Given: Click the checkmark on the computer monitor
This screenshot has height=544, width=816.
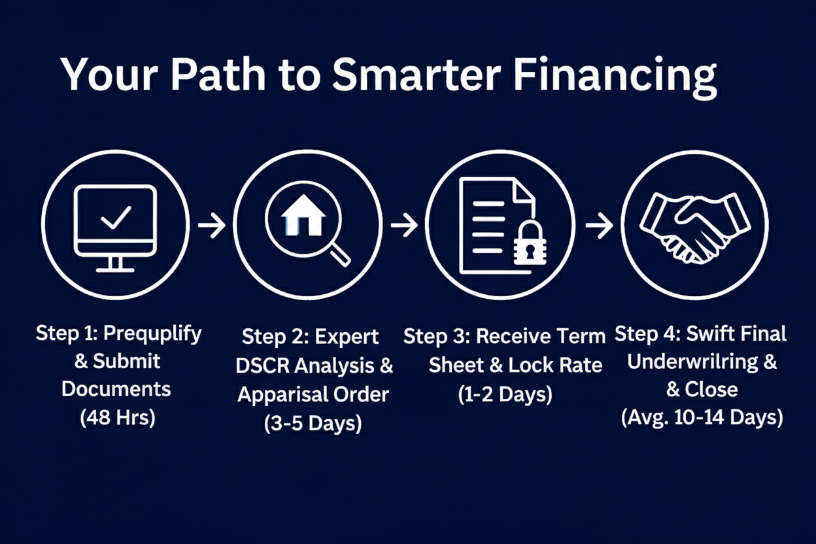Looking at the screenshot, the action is [116, 217].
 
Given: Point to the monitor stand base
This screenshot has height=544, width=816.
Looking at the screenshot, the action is [115, 270].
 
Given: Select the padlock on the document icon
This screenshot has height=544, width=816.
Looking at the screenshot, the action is [530, 243].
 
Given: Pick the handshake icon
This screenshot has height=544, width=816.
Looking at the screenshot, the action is [694, 228].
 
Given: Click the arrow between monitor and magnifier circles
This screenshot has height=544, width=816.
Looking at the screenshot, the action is [212, 225].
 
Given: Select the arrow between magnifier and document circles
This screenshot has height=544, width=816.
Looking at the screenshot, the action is [404, 225].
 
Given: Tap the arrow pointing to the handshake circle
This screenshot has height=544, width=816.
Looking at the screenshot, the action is [599, 225].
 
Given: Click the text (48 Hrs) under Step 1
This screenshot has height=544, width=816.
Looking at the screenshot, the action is [117, 418].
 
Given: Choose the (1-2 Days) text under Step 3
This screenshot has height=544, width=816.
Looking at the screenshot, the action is [505, 394].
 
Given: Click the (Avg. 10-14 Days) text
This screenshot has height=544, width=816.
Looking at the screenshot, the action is [702, 418].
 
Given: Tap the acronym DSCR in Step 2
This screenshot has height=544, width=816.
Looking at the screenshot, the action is [263, 365].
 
